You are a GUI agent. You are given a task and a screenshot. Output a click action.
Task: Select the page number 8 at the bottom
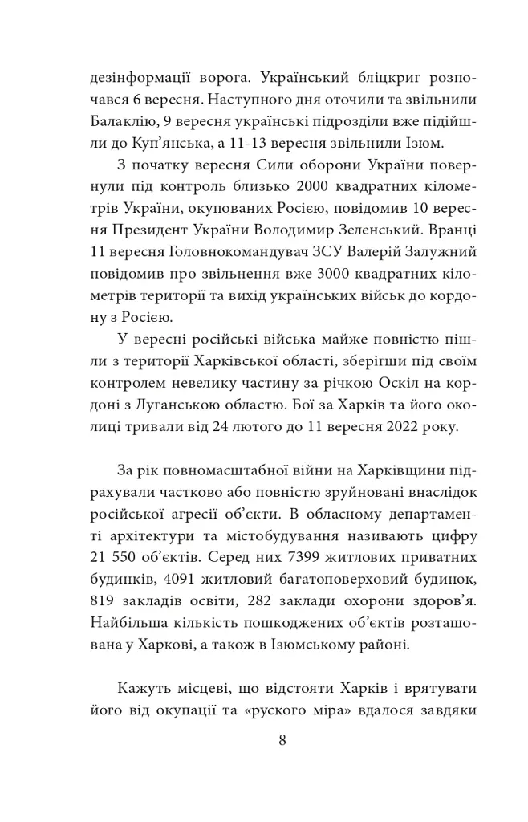[282, 741]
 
